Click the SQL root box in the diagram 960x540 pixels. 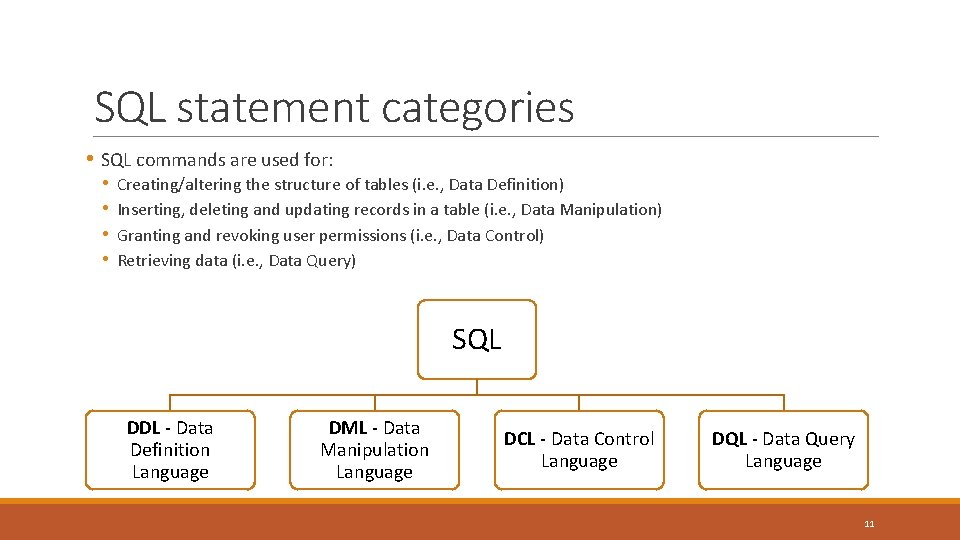(476, 339)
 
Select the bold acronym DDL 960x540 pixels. (143, 428)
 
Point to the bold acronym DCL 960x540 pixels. (519, 439)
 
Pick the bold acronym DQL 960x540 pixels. (728, 439)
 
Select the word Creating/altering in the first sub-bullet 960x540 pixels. (179, 185)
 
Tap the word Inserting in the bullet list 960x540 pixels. (150, 210)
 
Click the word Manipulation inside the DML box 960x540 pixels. (374, 450)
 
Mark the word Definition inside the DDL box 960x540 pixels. (170, 450)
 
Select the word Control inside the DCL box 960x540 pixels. (623, 439)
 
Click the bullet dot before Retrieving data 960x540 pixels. (105, 260)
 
